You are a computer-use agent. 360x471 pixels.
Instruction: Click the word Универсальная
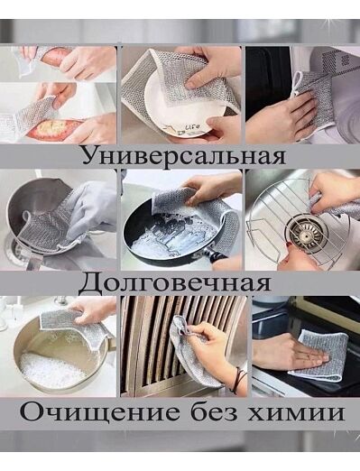tap(184, 156)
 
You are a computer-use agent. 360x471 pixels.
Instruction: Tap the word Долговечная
tap(175, 283)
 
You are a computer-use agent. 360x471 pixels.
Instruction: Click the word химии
tap(295, 413)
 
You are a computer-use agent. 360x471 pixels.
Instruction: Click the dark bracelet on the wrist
tap(240, 380)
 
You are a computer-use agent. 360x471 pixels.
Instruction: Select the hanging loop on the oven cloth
tap(297, 84)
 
